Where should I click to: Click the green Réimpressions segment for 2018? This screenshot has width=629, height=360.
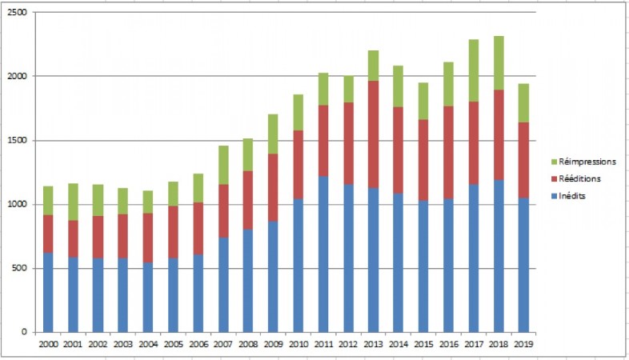[499, 62]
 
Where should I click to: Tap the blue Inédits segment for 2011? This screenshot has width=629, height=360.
[323, 254]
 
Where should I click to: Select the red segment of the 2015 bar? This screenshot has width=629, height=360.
[423, 160]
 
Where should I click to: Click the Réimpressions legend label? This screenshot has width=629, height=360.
[587, 162]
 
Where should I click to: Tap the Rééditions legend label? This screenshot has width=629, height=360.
[581, 178]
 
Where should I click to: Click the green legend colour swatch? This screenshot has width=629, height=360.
[554, 162]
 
